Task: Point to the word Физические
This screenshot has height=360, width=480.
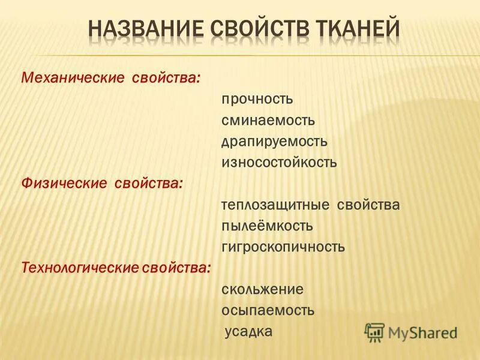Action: (x=63, y=183)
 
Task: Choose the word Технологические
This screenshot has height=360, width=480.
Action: (x=79, y=267)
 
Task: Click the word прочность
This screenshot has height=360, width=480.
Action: (x=257, y=99)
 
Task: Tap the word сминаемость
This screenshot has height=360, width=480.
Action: (x=268, y=120)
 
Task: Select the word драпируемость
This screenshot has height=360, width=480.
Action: (x=274, y=141)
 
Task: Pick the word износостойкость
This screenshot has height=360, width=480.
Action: (x=279, y=162)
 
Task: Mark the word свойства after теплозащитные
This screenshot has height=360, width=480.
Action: (x=368, y=205)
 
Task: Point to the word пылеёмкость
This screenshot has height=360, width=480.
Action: (x=267, y=226)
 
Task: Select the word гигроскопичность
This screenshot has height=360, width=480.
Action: (x=283, y=247)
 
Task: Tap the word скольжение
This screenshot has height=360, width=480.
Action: (x=262, y=289)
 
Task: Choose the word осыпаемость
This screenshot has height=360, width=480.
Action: (x=268, y=311)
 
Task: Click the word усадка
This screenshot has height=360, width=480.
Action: (x=249, y=331)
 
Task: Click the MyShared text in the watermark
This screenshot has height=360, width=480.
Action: (x=422, y=332)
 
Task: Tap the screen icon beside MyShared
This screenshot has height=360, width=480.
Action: (x=374, y=332)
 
